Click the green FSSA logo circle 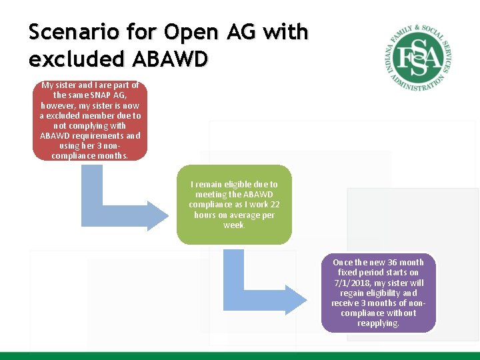(418, 57)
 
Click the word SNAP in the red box (101, 95)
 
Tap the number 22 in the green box (275, 205)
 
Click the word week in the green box (233, 225)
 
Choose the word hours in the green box (205, 215)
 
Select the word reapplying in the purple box (378, 323)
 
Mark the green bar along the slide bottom (240, 355)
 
